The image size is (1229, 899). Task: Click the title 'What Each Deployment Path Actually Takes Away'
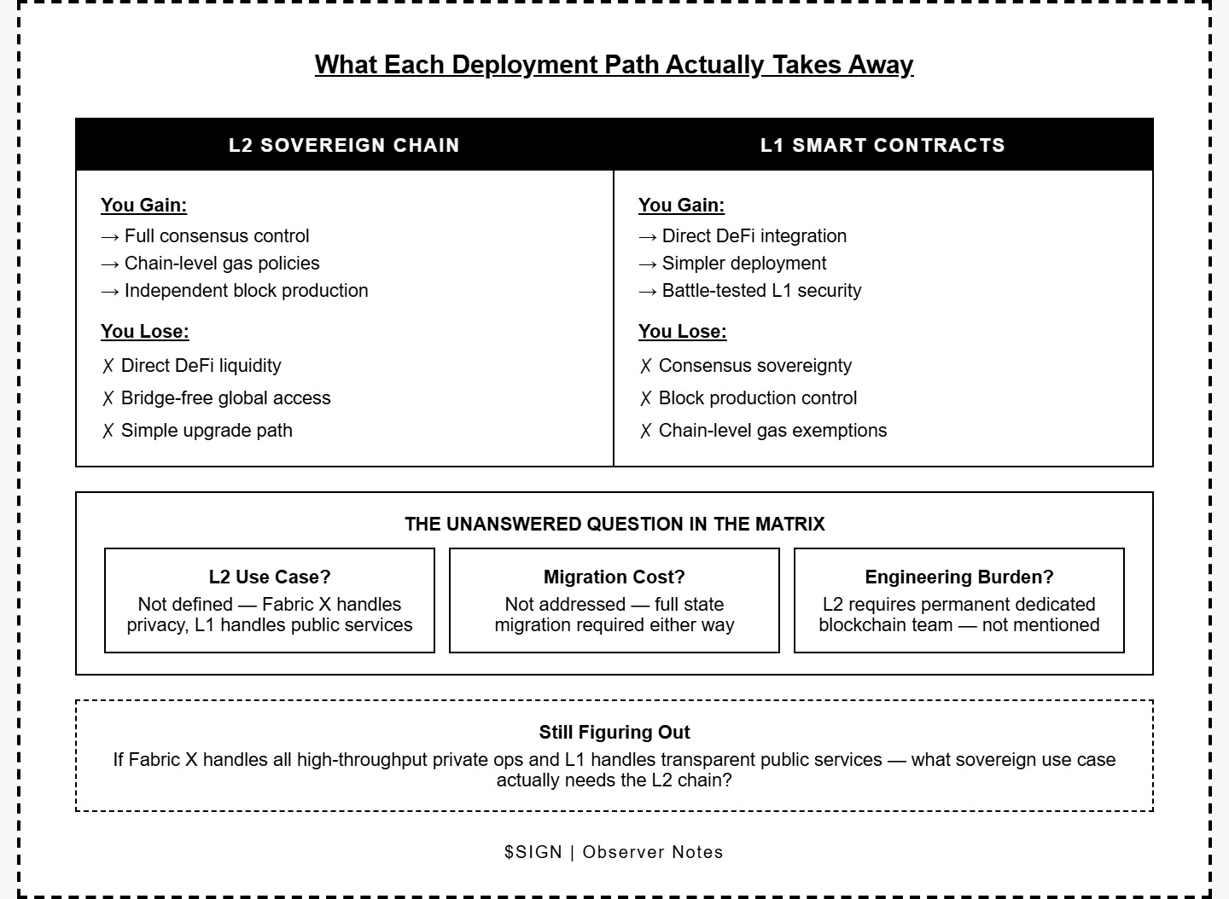tap(614, 65)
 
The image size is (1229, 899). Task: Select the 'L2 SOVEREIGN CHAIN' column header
tap(344, 145)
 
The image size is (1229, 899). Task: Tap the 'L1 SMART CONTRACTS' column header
tap(882, 145)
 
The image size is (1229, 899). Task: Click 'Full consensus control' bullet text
tap(217, 236)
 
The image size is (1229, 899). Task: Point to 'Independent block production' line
tap(246, 291)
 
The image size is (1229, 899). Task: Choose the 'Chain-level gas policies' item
tap(222, 264)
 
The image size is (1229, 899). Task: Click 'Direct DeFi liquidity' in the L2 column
tap(201, 366)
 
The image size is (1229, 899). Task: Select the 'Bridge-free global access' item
tap(225, 398)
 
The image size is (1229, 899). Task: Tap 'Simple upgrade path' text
tap(207, 431)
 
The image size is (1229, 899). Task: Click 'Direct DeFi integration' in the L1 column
tap(754, 236)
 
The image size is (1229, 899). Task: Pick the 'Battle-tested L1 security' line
tap(761, 291)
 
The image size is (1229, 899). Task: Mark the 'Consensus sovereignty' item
tap(755, 366)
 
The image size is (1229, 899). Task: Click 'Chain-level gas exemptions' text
tap(772, 431)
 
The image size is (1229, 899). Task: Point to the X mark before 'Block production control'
tap(646, 399)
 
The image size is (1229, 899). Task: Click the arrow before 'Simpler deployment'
tap(648, 264)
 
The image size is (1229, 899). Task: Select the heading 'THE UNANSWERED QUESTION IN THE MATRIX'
tap(614, 525)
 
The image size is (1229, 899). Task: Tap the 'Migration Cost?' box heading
tap(614, 577)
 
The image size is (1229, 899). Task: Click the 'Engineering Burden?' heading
tap(959, 577)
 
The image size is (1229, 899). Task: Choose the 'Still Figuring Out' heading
tap(614, 733)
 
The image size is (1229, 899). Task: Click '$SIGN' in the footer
tap(533, 852)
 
